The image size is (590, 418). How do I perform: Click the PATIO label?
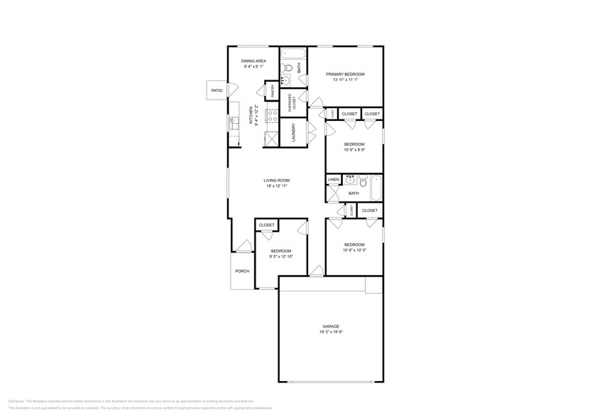[x=217, y=91]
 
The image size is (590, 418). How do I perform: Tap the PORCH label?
[x=242, y=271]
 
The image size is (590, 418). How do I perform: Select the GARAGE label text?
[x=331, y=326]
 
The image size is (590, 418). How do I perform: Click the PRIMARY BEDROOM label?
[x=345, y=75]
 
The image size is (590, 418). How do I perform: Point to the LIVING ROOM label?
[x=277, y=181]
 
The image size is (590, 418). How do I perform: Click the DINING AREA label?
[x=253, y=62]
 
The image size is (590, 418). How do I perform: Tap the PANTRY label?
[x=272, y=91]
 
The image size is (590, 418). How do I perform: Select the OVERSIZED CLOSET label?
[x=291, y=102]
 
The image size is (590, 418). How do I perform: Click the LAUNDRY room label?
[x=293, y=133]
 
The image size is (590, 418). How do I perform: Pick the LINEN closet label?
[x=333, y=180]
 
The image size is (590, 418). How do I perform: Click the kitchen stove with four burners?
[x=271, y=115]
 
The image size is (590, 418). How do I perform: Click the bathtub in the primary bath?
[x=293, y=54]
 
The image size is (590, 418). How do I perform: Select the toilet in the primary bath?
[x=285, y=68]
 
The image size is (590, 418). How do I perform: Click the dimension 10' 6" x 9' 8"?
[x=354, y=150]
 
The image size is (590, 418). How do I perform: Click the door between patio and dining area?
[x=227, y=91]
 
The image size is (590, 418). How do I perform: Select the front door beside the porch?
[x=244, y=248]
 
